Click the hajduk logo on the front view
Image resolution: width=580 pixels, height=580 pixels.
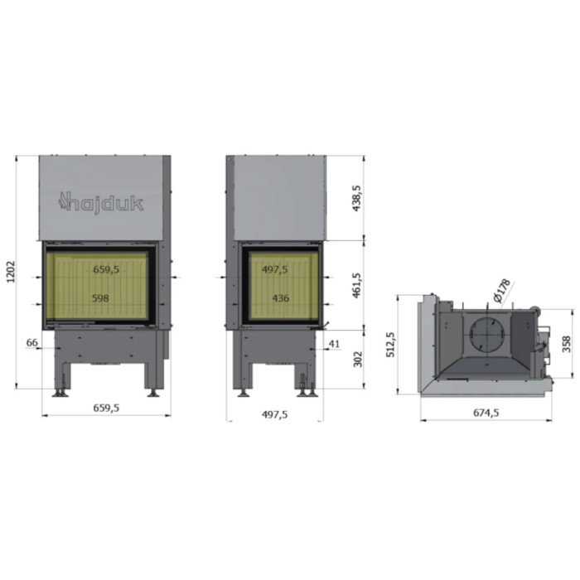pyautogui.click(x=100, y=202)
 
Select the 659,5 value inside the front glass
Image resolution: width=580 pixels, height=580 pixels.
pyautogui.click(x=105, y=269)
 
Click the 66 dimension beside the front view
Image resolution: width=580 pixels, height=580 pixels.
pyautogui.click(x=32, y=342)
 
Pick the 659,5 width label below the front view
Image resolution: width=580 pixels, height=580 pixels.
pyautogui.click(x=105, y=408)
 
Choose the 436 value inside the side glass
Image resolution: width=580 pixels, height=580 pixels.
pyautogui.click(x=280, y=298)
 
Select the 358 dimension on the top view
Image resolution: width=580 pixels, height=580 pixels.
pyautogui.click(x=566, y=343)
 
